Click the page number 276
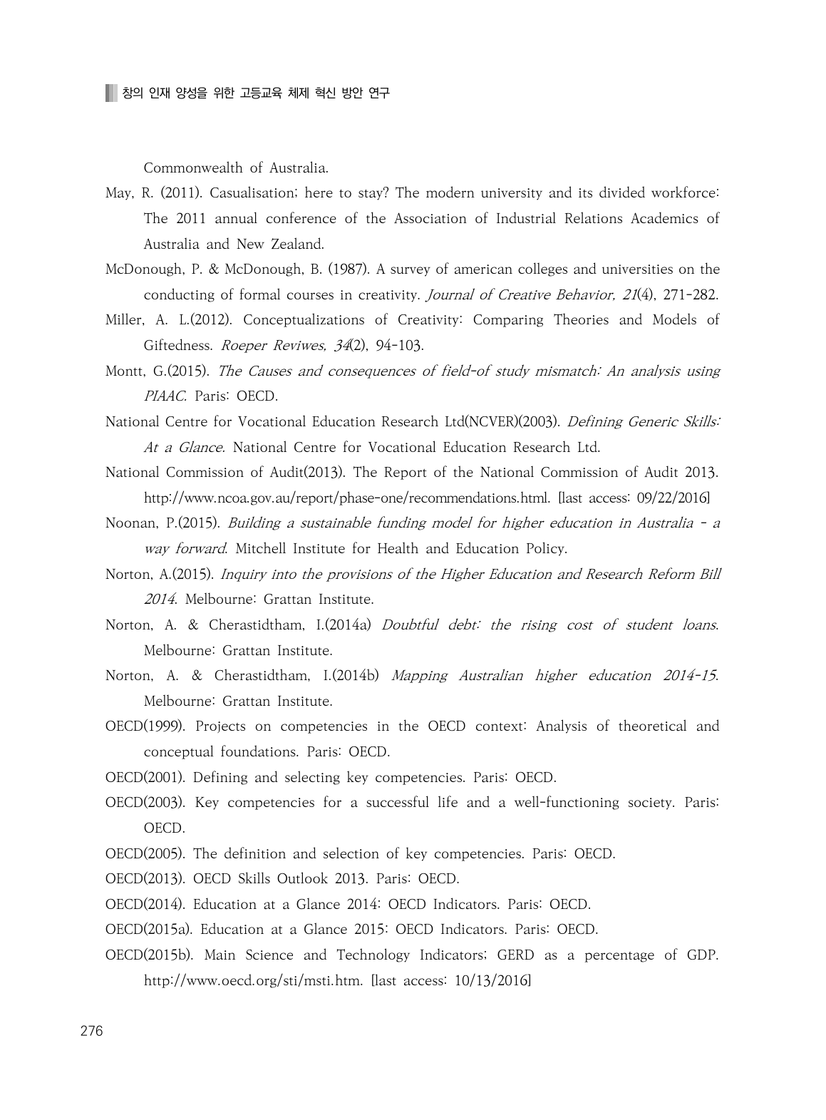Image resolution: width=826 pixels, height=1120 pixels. pos(93,1032)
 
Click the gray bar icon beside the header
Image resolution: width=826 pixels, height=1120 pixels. pos(110,93)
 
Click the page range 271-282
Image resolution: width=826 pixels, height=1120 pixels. pos(690,295)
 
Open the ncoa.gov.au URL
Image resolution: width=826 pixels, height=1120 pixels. pos(346,498)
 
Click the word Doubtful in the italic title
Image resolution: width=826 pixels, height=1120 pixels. pos(410,625)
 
